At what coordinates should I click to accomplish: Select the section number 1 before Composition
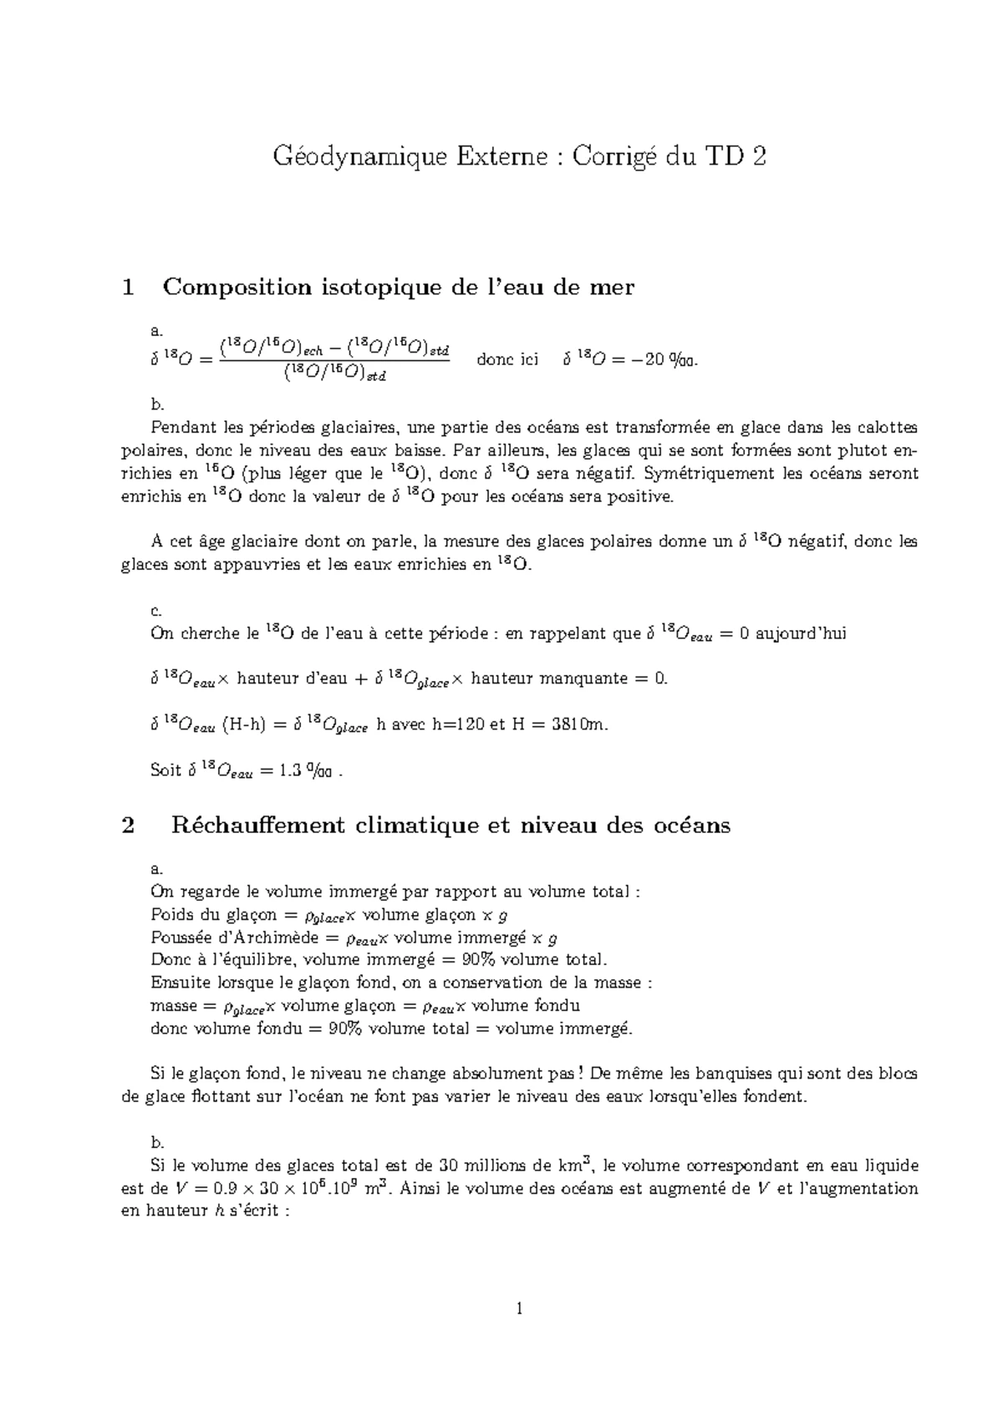point(128,287)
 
